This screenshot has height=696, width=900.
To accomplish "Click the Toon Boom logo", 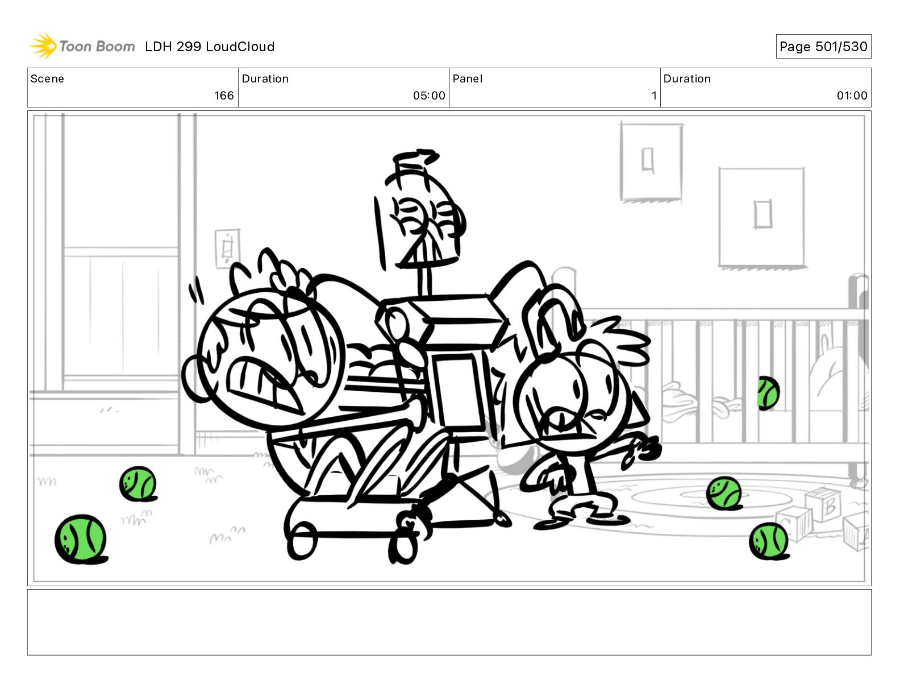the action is pyautogui.click(x=82, y=46).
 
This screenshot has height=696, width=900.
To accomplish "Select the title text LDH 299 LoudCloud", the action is pyautogui.click(x=210, y=47).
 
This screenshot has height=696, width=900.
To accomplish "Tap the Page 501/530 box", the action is pyautogui.click(x=823, y=47).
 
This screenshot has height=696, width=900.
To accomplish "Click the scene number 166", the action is pyautogui.click(x=224, y=96).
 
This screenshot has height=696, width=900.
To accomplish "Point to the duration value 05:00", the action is pyautogui.click(x=429, y=96).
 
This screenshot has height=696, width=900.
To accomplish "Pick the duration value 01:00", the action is pyautogui.click(x=852, y=96).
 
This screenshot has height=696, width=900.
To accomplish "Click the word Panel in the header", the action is pyautogui.click(x=467, y=79).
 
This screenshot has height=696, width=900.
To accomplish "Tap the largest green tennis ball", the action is pyautogui.click(x=81, y=539).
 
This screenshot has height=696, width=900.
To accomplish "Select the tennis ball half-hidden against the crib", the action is pyautogui.click(x=768, y=393).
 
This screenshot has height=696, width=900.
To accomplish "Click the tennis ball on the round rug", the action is pyautogui.click(x=724, y=494).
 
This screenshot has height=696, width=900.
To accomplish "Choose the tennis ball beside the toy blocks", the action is pyautogui.click(x=769, y=541).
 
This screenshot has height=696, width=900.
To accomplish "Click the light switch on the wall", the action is pyautogui.click(x=227, y=248).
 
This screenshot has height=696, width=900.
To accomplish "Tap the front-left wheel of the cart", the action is pyautogui.click(x=302, y=540).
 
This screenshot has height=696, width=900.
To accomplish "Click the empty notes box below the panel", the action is pyautogui.click(x=449, y=622).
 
